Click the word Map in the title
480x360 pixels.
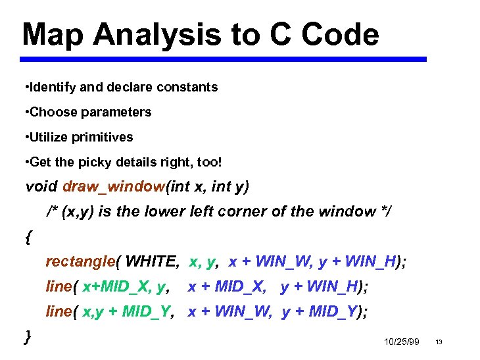point(53,35)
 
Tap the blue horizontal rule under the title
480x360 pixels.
point(223,59)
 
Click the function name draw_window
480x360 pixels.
point(113,187)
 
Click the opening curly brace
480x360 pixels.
point(28,237)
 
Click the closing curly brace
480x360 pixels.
point(28,336)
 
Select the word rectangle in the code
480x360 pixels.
point(80,262)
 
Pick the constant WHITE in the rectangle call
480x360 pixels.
point(151,262)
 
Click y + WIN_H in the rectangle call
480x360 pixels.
point(358,262)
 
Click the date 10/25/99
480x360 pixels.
point(400,342)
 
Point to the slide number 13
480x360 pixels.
point(439,342)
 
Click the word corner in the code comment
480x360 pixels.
point(245,212)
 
